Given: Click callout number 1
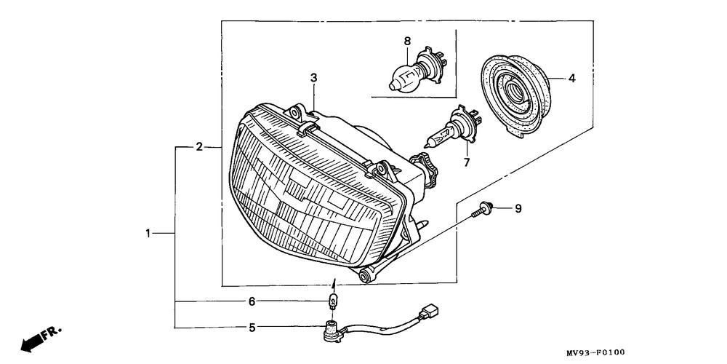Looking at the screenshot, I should point(148,234).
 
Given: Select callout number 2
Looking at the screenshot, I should point(199,147).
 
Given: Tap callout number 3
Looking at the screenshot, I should point(314,77).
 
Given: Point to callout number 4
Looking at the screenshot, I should point(571,77).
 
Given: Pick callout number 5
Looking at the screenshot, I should point(252,328).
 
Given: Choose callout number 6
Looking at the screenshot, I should point(252,301).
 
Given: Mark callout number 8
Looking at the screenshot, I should point(407,42).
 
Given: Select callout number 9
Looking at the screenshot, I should point(518,209).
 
